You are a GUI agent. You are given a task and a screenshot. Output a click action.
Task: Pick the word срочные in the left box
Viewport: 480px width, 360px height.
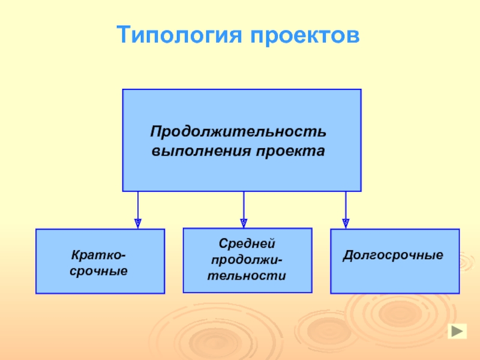pos(100,272)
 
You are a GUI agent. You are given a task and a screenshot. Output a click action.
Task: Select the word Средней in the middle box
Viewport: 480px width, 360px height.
pos(247,244)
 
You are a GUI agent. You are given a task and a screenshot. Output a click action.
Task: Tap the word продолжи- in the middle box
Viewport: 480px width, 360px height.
pos(247,260)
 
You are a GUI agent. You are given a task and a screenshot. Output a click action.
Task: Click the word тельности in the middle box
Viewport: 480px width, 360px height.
pos(247,276)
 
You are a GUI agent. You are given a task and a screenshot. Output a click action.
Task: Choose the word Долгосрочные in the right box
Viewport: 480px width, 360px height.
pos(393,256)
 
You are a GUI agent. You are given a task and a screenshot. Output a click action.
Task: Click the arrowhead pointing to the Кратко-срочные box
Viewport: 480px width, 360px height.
pos(138,223)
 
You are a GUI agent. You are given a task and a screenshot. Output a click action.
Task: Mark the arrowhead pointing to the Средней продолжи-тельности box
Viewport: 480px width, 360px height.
pos(244,222)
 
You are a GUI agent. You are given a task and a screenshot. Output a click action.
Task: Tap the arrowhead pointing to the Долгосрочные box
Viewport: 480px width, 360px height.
pos(346,223)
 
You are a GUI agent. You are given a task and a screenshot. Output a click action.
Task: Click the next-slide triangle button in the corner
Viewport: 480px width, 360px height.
pos(457,331)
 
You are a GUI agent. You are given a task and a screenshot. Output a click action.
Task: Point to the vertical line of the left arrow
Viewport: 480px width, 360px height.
pos(138,205)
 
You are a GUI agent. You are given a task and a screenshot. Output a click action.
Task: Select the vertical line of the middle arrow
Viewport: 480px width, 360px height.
pos(244,205)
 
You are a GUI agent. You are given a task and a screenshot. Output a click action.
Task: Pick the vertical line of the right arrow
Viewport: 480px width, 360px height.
pos(346,205)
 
